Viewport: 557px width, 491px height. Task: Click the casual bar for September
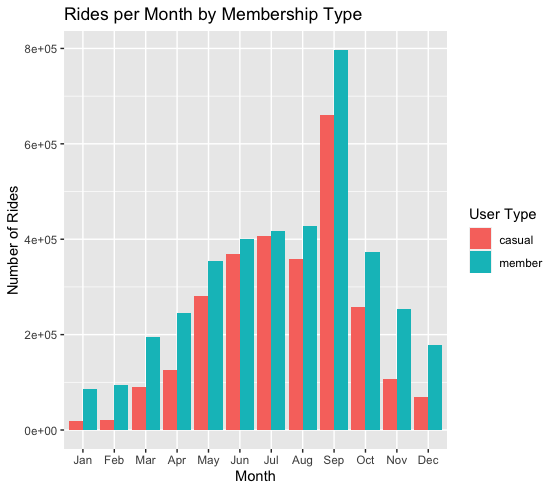326,272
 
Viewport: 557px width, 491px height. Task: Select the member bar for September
341,240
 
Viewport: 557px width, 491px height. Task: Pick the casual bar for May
200,363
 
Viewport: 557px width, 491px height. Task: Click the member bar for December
435,387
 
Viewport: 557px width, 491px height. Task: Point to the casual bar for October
357,368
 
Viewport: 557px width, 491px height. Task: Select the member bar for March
153,383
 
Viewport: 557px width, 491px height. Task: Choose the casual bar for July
263,333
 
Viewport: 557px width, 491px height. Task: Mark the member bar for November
404,369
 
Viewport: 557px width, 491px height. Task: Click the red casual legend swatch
482,240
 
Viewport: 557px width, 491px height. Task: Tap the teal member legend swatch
482,263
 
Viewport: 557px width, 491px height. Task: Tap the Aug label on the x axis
303,461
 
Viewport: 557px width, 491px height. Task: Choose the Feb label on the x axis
114,461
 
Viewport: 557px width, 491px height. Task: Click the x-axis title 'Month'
255,477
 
